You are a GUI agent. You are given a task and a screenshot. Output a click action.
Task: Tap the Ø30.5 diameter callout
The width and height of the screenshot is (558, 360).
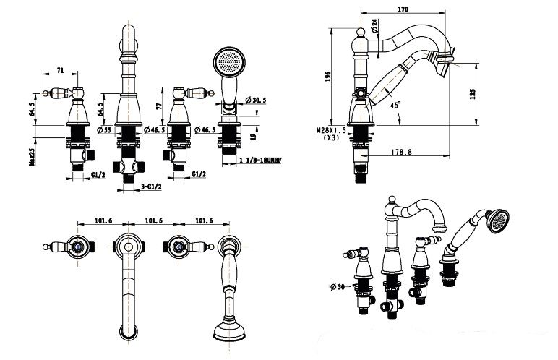click(x=258, y=100)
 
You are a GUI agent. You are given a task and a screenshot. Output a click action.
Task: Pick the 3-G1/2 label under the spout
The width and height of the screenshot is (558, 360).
click(x=151, y=187)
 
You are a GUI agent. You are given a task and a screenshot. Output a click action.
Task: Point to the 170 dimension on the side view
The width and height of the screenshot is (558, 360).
click(x=403, y=9)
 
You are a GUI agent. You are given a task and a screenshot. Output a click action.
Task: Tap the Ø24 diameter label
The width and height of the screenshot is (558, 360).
click(x=375, y=27)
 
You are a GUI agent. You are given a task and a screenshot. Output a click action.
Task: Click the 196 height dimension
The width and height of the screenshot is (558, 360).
click(x=328, y=77)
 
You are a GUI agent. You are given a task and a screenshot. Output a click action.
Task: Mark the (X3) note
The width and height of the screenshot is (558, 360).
click(x=332, y=137)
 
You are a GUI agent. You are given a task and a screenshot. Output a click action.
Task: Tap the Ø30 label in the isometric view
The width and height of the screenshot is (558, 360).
click(x=337, y=288)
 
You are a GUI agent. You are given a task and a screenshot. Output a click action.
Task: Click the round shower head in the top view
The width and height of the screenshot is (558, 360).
click(x=231, y=333)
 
